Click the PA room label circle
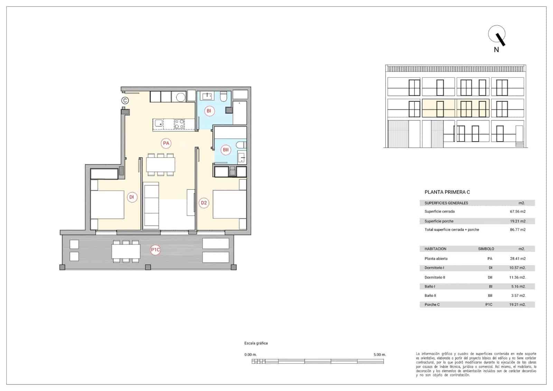tap(166, 143)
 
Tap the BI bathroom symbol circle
tap(208, 111)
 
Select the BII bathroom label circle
tap(226, 150)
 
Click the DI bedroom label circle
tap(132, 197)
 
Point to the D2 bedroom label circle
tap(204, 203)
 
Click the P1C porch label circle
tap(156, 250)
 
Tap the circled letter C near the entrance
tap(125, 101)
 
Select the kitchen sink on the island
tap(159, 124)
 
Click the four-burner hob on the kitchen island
tap(179, 124)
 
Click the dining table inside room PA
tap(160, 165)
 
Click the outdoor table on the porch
tap(126, 251)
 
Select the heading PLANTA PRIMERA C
tap(447, 192)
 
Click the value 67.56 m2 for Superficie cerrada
tap(517, 211)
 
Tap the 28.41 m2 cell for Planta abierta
tap(517, 258)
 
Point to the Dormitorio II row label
tap(434, 277)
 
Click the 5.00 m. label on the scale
tap(379, 355)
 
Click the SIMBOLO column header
tap(486, 249)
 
